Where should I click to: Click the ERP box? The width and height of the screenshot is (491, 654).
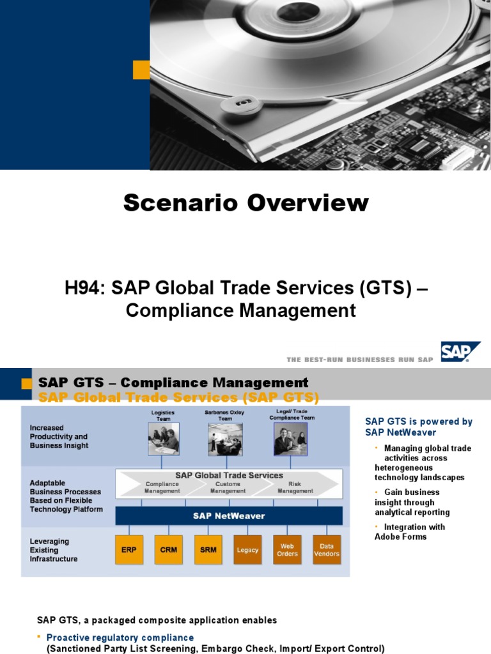[129, 549]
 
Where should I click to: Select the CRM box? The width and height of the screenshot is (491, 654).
[169, 549]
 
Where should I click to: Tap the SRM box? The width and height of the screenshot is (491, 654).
[208, 549]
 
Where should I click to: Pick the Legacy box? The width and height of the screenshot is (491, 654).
[247, 549]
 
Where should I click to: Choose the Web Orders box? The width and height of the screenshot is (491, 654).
[287, 549]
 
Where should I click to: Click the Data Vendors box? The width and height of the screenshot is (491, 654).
[327, 549]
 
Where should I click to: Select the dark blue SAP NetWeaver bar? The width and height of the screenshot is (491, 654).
[229, 515]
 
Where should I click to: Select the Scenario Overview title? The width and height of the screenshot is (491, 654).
[245, 203]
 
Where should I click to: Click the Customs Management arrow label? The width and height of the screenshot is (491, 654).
[228, 488]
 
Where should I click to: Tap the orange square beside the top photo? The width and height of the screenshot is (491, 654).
[141, 70]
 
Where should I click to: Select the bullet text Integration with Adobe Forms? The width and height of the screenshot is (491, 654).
[409, 531]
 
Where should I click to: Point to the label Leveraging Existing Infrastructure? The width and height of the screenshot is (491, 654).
[54, 550]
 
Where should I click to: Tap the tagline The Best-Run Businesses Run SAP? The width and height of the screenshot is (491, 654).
[360, 360]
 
